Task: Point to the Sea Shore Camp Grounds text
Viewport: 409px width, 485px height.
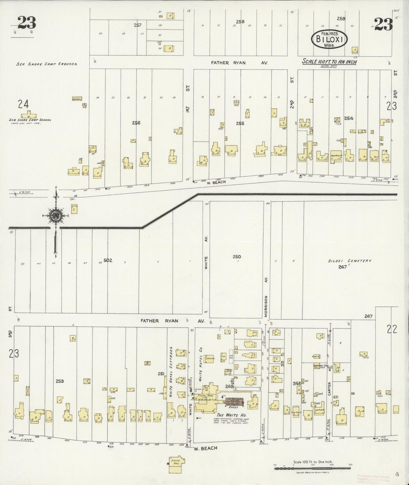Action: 46,64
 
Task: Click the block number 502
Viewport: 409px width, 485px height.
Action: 108,260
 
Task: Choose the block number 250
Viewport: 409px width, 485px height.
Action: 237,257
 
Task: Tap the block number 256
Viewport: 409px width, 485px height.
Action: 136,123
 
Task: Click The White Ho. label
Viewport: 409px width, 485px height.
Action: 228,415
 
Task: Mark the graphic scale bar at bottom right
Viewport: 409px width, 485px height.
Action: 312,468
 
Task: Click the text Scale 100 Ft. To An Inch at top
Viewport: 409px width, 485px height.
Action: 329,62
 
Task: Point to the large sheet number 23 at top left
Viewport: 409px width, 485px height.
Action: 27,23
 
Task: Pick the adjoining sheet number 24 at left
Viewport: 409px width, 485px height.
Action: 23,104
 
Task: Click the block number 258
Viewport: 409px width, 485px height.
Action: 240,22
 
